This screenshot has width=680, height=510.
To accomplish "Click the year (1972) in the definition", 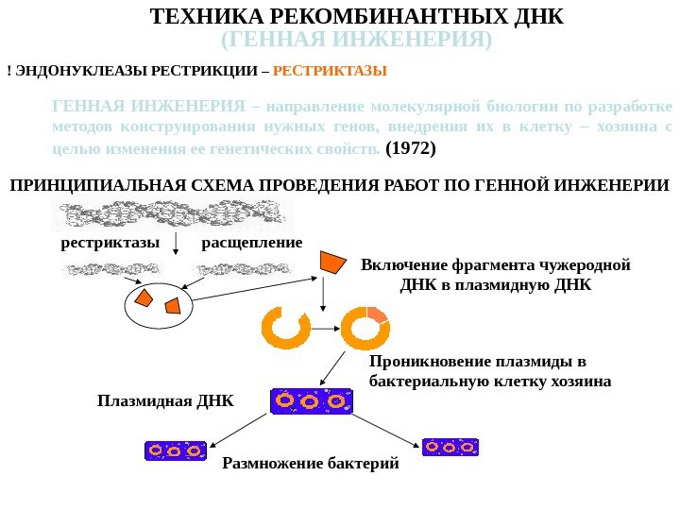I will [x=412, y=148].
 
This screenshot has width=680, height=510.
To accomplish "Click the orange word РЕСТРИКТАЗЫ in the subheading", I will [x=336, y=71].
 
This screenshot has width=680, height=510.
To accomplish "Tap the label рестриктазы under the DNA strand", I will [x=110, y=243].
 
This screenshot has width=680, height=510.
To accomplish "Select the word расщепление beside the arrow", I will [x=252, y=243].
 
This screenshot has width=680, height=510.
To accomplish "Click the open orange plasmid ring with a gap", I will [x=285, y=327].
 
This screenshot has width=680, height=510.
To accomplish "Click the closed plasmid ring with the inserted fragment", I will [x=365, y=327].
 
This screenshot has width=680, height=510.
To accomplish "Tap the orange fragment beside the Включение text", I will [x=332, y=262].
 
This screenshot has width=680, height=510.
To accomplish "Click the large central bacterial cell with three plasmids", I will [x=311, y=400].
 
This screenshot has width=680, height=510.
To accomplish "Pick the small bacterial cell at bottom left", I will [x=175, y=450].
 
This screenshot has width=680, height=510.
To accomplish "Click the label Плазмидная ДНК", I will [x=165, y=400].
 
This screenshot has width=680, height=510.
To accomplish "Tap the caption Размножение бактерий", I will [x=311, y=465].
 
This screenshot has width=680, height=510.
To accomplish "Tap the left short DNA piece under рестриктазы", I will [x=102, y=269].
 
